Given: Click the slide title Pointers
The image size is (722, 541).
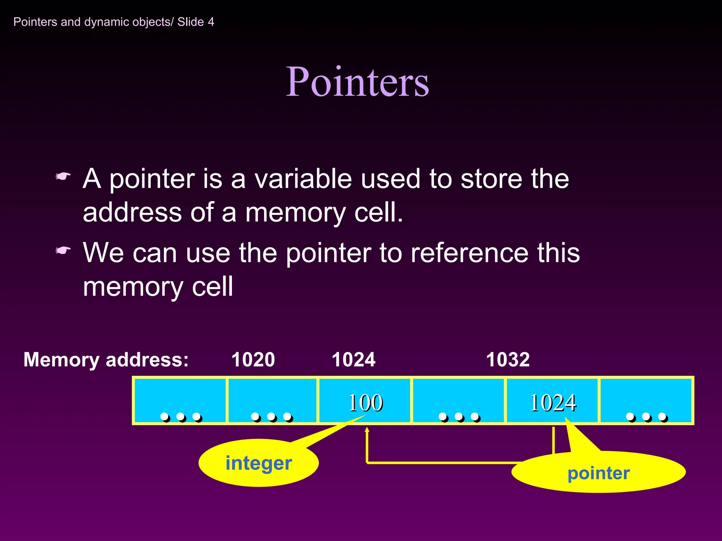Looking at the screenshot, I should coord(357,82).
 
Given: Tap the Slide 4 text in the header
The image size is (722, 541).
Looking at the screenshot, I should coord(196,22).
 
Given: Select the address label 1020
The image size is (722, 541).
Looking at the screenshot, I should coord(253,360).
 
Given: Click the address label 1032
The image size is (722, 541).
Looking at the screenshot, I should coord(508,360).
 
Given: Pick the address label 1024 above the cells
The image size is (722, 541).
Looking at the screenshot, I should coord(354,360).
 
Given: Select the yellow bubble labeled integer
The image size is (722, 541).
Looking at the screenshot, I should coord(258,463).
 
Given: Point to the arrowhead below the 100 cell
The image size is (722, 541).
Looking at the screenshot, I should coord(367,430).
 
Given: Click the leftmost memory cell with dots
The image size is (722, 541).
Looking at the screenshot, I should coord(180,401).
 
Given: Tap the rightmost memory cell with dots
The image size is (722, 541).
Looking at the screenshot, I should coord(646,401).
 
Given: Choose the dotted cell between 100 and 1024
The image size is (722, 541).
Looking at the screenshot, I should coord(458,401).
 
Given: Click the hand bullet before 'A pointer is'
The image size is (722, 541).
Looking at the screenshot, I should coord(63,176).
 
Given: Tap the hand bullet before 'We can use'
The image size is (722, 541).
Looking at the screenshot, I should coord(63,250).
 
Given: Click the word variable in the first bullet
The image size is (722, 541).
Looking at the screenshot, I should coord(303,179).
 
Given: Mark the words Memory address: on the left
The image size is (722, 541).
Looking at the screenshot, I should coord(106,360).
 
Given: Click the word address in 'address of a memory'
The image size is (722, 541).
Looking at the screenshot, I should coord(132,212).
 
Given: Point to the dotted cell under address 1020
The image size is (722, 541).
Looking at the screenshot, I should coord(272,401).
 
